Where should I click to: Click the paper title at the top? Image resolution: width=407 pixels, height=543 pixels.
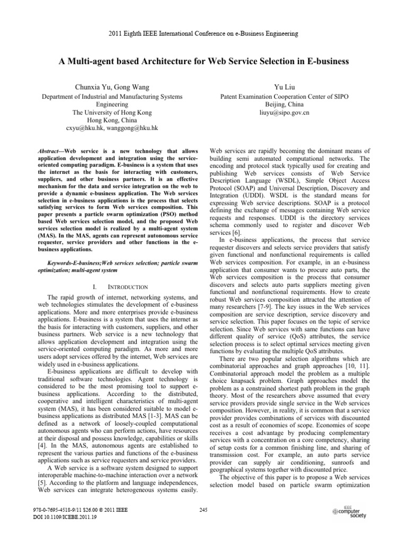tap(203, 62)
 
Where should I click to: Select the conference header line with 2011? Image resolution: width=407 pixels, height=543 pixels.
tap(203, 33)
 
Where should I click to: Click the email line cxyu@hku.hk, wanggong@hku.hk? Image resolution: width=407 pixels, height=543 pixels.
tap(112, 128)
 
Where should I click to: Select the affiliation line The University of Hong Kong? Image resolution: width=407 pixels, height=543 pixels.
tap(112, 113)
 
